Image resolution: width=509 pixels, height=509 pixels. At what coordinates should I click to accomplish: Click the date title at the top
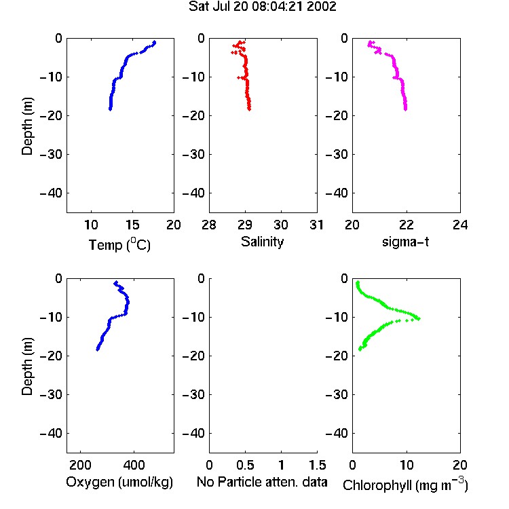click(262, 7)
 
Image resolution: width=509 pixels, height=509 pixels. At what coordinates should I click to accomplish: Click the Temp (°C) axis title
click(119, 244)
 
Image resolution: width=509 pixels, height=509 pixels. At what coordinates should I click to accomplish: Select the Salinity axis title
click(262, 242)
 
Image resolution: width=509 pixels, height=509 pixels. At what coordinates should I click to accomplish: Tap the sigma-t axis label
click(405, 242)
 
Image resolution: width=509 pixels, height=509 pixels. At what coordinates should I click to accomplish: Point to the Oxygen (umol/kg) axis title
click(119, 482)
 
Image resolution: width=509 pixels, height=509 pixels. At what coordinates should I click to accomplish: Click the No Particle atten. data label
click(262, 482)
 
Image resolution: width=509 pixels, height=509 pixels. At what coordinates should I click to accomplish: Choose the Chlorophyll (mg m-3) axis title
click(405, 485)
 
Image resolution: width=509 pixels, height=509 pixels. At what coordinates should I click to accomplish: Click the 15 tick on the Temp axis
click(132, 225)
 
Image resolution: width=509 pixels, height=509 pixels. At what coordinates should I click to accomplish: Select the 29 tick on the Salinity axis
click(245, 225)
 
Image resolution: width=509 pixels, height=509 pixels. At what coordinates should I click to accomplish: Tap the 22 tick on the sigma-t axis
click(406, 225)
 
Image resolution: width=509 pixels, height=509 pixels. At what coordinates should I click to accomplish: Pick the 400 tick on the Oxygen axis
click(134, 465)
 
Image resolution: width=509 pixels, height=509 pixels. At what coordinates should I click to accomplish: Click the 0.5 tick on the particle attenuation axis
click(245, 465)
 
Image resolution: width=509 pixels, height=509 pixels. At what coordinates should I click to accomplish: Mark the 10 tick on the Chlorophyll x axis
click(406, 465)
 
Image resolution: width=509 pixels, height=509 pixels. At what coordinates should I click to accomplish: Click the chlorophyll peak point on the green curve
click(419, 318)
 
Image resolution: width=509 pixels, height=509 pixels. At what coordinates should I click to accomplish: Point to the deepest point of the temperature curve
click(111, 109)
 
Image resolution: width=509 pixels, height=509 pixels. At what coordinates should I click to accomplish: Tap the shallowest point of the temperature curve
click(155, 42)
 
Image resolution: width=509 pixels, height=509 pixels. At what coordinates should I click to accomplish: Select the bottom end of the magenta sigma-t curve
click(405, 109)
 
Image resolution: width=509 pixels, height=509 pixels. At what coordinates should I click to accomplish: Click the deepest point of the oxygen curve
click(97, 350)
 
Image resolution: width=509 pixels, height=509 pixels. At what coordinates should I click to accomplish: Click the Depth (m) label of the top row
click(27, 126)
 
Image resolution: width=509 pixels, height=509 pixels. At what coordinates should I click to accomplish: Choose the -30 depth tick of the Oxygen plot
click(51, 395)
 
